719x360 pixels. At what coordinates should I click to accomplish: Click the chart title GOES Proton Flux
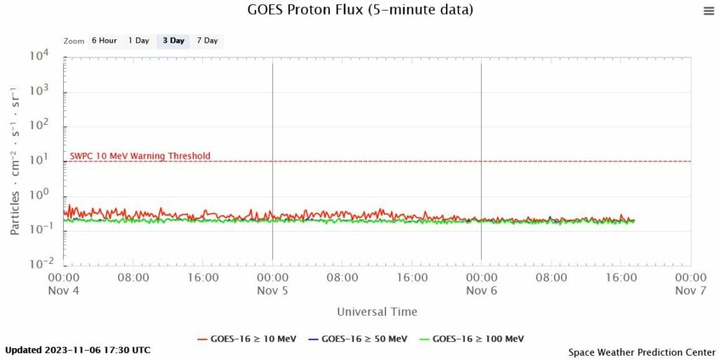click(x=360, y=11)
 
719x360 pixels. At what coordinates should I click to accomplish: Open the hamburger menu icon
click(x=708, y=11)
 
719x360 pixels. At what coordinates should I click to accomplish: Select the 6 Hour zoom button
click(x=104, y=41)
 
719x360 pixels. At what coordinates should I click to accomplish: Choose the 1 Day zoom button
click(x=138, y=41)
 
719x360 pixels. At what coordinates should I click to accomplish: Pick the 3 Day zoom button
click(x=173, y=41)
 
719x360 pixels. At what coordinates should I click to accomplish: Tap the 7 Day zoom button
click(x=207, y=41)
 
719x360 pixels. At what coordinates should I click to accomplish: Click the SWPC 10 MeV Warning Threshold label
click(x=140, y=156)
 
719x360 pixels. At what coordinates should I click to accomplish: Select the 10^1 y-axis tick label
click(x=44, y=161)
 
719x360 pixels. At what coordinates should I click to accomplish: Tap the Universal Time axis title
click(x=377, y=312)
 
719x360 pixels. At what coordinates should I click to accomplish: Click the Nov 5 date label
click(x=272, y=291)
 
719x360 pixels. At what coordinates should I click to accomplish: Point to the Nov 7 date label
click(x=690, y=291)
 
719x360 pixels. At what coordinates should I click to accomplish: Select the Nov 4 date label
click(x=65, y=291)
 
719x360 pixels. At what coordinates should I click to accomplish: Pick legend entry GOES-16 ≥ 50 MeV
click(x=357, y=339)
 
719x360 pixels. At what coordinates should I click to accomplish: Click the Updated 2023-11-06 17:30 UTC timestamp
click(x=77, y=349)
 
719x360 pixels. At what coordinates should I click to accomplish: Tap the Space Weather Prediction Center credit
click(x=640, y=351)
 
